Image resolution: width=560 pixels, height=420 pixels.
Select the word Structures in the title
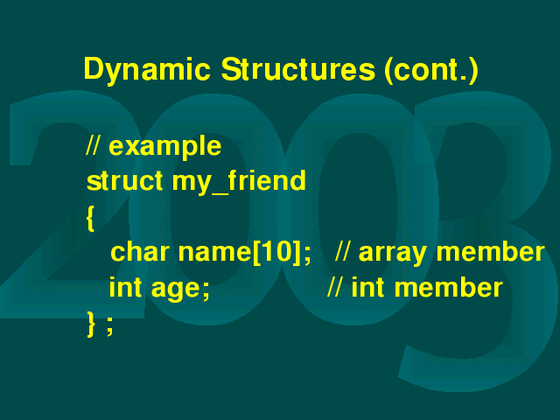(298, 69)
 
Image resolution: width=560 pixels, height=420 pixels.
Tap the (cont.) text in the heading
(431, 70)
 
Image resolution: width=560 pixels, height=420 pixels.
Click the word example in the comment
(165, 147)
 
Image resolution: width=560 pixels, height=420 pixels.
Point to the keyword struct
(124, 180)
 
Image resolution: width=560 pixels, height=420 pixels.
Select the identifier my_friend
(239, 182)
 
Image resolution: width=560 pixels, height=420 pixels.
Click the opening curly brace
(91, 219)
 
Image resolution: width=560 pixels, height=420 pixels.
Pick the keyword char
(140, 251)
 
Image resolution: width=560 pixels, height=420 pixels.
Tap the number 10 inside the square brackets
(277, 251)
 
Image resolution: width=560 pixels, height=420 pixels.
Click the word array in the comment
(393, 254)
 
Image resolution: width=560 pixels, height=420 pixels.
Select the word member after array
(490, 251)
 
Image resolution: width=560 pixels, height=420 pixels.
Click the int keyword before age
(125, 287)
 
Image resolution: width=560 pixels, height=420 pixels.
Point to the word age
(175, 290)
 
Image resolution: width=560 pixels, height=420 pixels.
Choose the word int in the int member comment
(367, 287)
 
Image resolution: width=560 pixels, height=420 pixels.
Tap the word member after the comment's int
(449, 287)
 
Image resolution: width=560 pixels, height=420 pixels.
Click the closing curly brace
(91, 324)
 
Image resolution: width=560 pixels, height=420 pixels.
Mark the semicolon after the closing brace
(110, 326)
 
